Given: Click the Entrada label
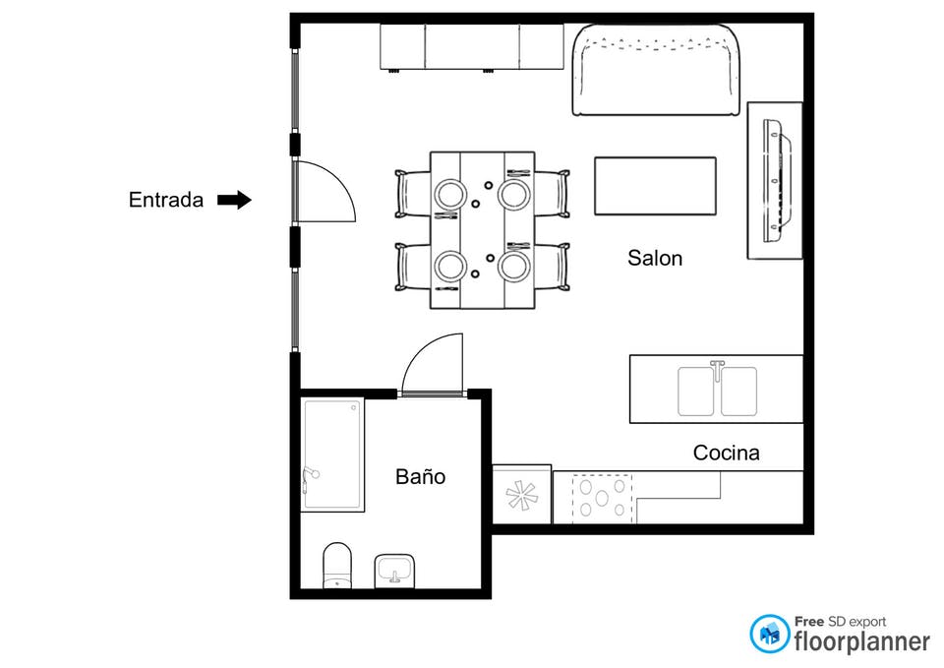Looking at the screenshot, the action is pos(165,200).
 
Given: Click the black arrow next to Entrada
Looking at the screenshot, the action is pos(234,200).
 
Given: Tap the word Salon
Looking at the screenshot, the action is pos(655,258).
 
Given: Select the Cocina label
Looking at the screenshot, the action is pos(726,453).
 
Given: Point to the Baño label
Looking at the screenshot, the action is pos(420,476).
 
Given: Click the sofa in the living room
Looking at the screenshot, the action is pos(656,70).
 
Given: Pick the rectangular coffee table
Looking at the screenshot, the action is pos(655,186).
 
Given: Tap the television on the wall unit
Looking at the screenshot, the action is pos(778,181).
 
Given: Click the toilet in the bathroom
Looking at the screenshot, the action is pos(337,565).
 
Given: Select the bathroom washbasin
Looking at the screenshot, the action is pos(394,571).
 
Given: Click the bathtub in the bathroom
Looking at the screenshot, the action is pos(333,455).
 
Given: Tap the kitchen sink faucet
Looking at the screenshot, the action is pos(717,370).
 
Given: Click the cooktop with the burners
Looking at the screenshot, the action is pos(602,498).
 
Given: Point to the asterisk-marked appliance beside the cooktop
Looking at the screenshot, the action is pos(522,495).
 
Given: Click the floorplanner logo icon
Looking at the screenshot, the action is pos(769,634).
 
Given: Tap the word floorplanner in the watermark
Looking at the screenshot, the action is pos(861,641).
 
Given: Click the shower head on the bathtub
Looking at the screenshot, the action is pos(311,472).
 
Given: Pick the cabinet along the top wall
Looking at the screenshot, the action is pos(471,47).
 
